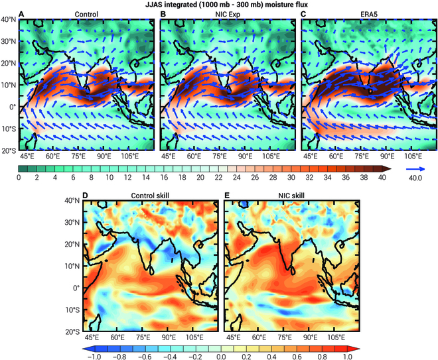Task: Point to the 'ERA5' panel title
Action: coord(370,15)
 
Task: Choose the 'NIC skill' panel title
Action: coord(290,194)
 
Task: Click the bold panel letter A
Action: coord(23,15)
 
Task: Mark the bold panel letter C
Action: coord(304,15)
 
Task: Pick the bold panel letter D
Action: coord(86,194)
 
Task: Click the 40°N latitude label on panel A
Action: coord(9,20)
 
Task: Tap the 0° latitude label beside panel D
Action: coord(76,288)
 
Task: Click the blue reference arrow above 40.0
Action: coord(417,169)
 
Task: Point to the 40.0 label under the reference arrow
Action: coord(417,179)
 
